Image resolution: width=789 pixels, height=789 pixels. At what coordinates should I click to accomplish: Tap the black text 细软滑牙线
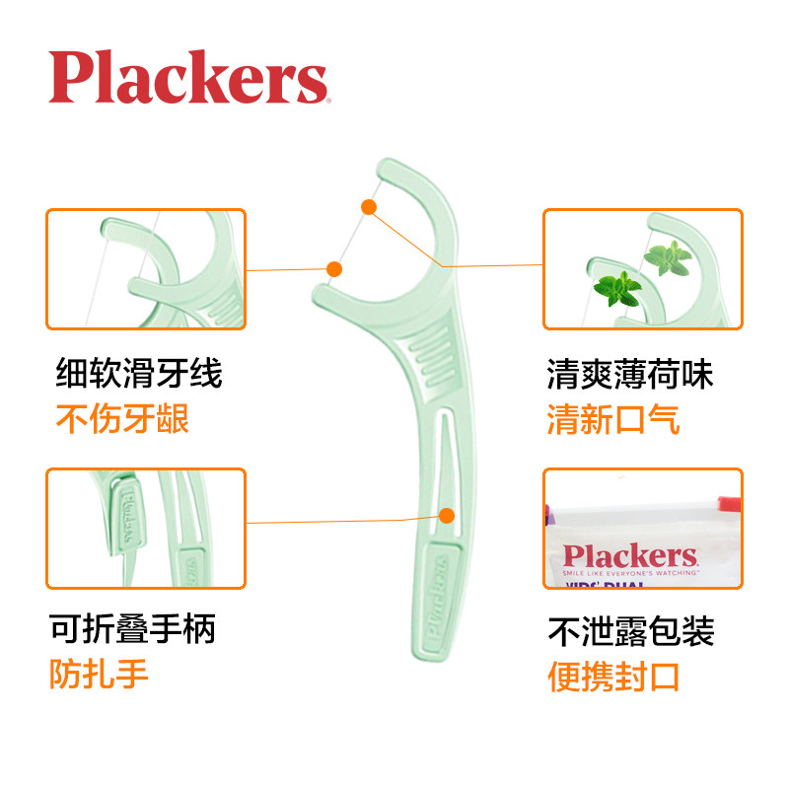(138, 374)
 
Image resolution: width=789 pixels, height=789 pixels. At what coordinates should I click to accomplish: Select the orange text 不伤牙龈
(121, 420)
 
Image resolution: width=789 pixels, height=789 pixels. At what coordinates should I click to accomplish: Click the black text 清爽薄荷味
(629, 374)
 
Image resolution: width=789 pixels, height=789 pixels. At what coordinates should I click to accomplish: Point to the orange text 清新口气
(612, 420)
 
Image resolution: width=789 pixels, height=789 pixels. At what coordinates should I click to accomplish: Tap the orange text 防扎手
(99, 675)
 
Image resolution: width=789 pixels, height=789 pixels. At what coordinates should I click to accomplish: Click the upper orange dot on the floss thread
(369, 207)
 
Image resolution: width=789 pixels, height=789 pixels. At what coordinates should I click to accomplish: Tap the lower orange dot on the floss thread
(334, 268)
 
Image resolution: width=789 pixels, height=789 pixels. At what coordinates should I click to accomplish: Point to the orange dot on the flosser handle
(446, 515)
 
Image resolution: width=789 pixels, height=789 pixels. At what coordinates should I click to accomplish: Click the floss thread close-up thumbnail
(146, 269)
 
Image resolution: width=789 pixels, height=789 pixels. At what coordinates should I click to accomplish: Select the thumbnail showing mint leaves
(642, 269)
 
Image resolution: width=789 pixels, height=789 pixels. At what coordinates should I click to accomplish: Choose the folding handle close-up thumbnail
(146, 529)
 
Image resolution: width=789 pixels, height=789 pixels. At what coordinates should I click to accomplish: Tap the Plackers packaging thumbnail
(642, 529)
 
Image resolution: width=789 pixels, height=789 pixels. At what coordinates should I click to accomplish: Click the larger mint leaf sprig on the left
(618, 289)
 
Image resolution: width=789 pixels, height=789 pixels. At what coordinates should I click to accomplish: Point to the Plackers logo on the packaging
(629, 555)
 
